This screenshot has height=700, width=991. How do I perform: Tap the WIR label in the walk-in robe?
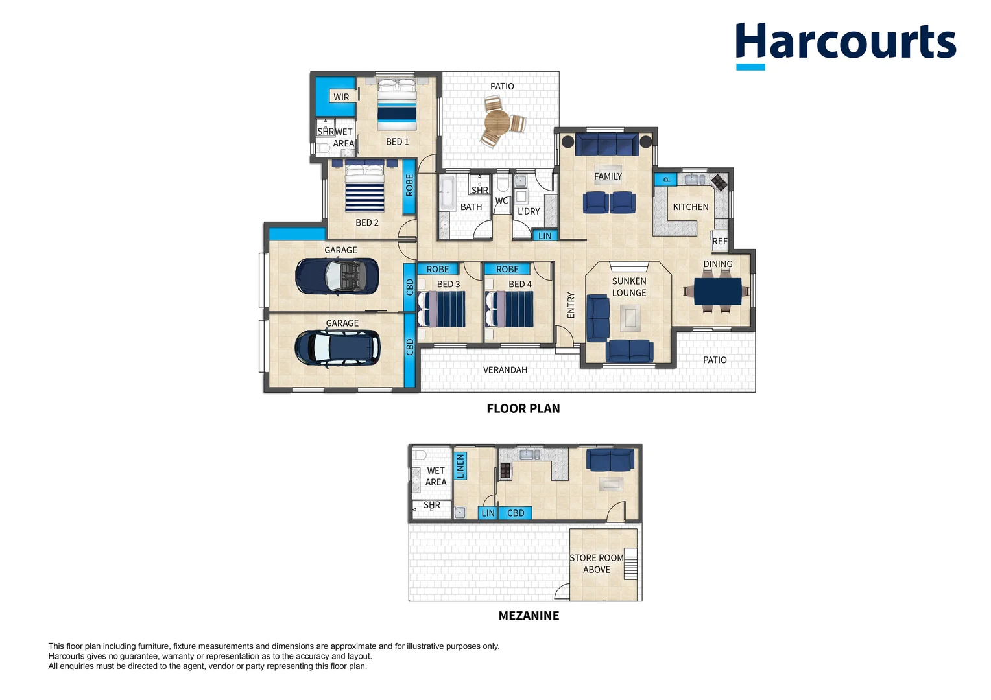point(341,97)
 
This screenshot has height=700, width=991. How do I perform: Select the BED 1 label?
point(398,141)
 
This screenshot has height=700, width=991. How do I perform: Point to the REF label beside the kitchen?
point(720,242)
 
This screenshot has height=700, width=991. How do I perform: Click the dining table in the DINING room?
point(717,291)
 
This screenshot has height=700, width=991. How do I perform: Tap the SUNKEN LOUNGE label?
point(629,287)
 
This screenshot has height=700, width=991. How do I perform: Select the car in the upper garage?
point(337,276)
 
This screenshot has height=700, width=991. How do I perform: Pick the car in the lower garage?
point(337,348)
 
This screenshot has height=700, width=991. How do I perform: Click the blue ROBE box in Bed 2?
point(409,187)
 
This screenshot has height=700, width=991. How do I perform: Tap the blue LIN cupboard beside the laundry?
point(545,236)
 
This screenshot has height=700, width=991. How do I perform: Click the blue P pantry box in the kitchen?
point(666,179)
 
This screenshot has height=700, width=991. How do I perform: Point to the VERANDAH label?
point(505,370)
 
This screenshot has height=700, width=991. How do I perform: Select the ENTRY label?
point(571,305)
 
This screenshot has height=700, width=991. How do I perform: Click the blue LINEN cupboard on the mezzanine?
point(460,466)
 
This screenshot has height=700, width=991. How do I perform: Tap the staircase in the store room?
point(630,564)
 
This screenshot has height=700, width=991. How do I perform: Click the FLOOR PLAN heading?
point(523,408)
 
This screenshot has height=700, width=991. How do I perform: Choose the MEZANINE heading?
point(529,616)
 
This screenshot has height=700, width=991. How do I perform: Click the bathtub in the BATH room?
point(446,193)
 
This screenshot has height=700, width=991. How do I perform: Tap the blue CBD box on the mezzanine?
point(516,513)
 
